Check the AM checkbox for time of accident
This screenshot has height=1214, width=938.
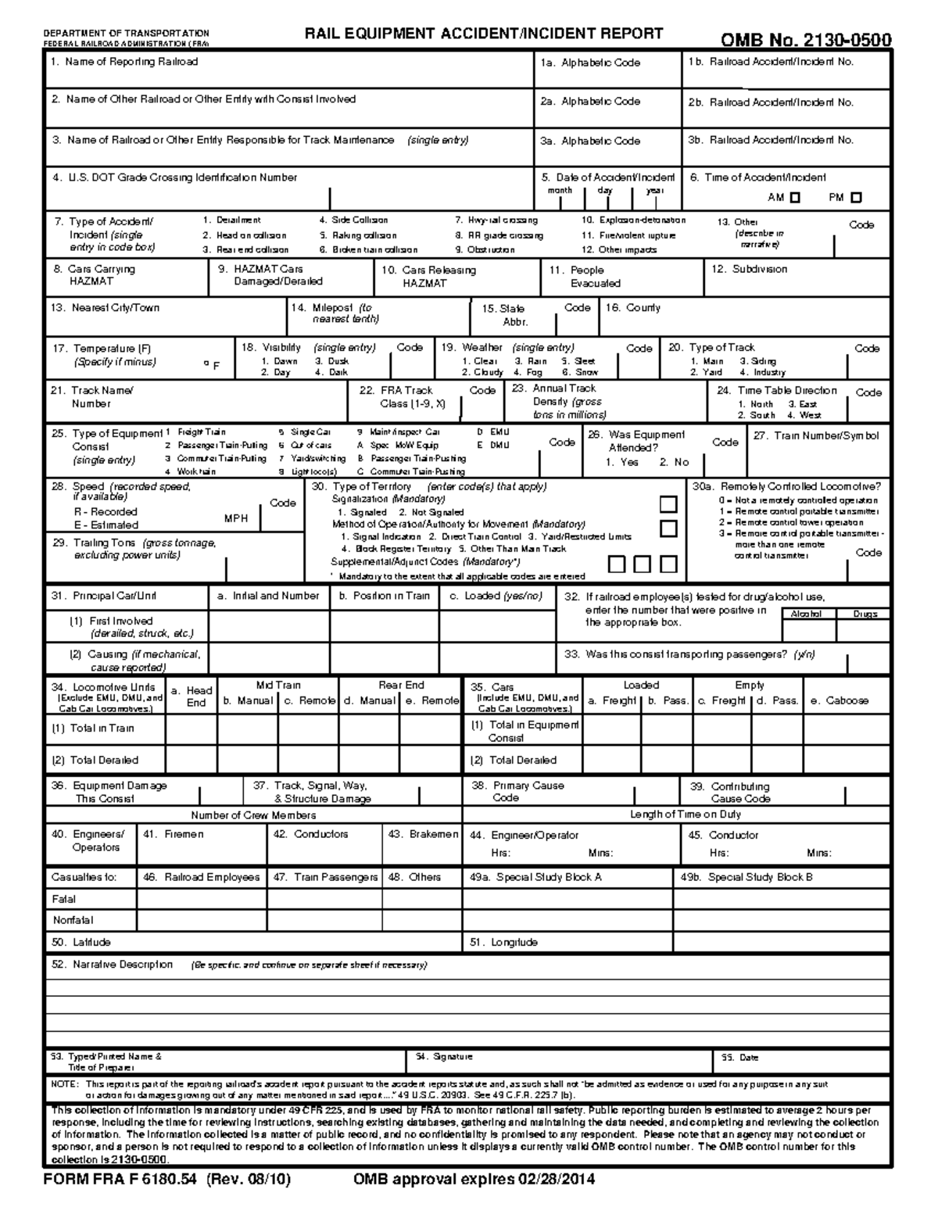click(796, 198)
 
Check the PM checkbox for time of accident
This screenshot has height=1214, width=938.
click(857, 198)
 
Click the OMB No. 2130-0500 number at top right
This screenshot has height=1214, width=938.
click(805, 40)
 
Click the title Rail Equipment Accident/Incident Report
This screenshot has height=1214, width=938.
click(483, 34)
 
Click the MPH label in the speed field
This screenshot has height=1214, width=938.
click(236, 518)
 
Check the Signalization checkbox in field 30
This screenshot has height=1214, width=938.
click(668, 504)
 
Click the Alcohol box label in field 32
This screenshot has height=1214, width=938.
click(806, 614)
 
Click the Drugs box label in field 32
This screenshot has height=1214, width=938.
click(865, 614)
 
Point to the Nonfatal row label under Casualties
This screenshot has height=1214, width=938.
click(73, 920)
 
